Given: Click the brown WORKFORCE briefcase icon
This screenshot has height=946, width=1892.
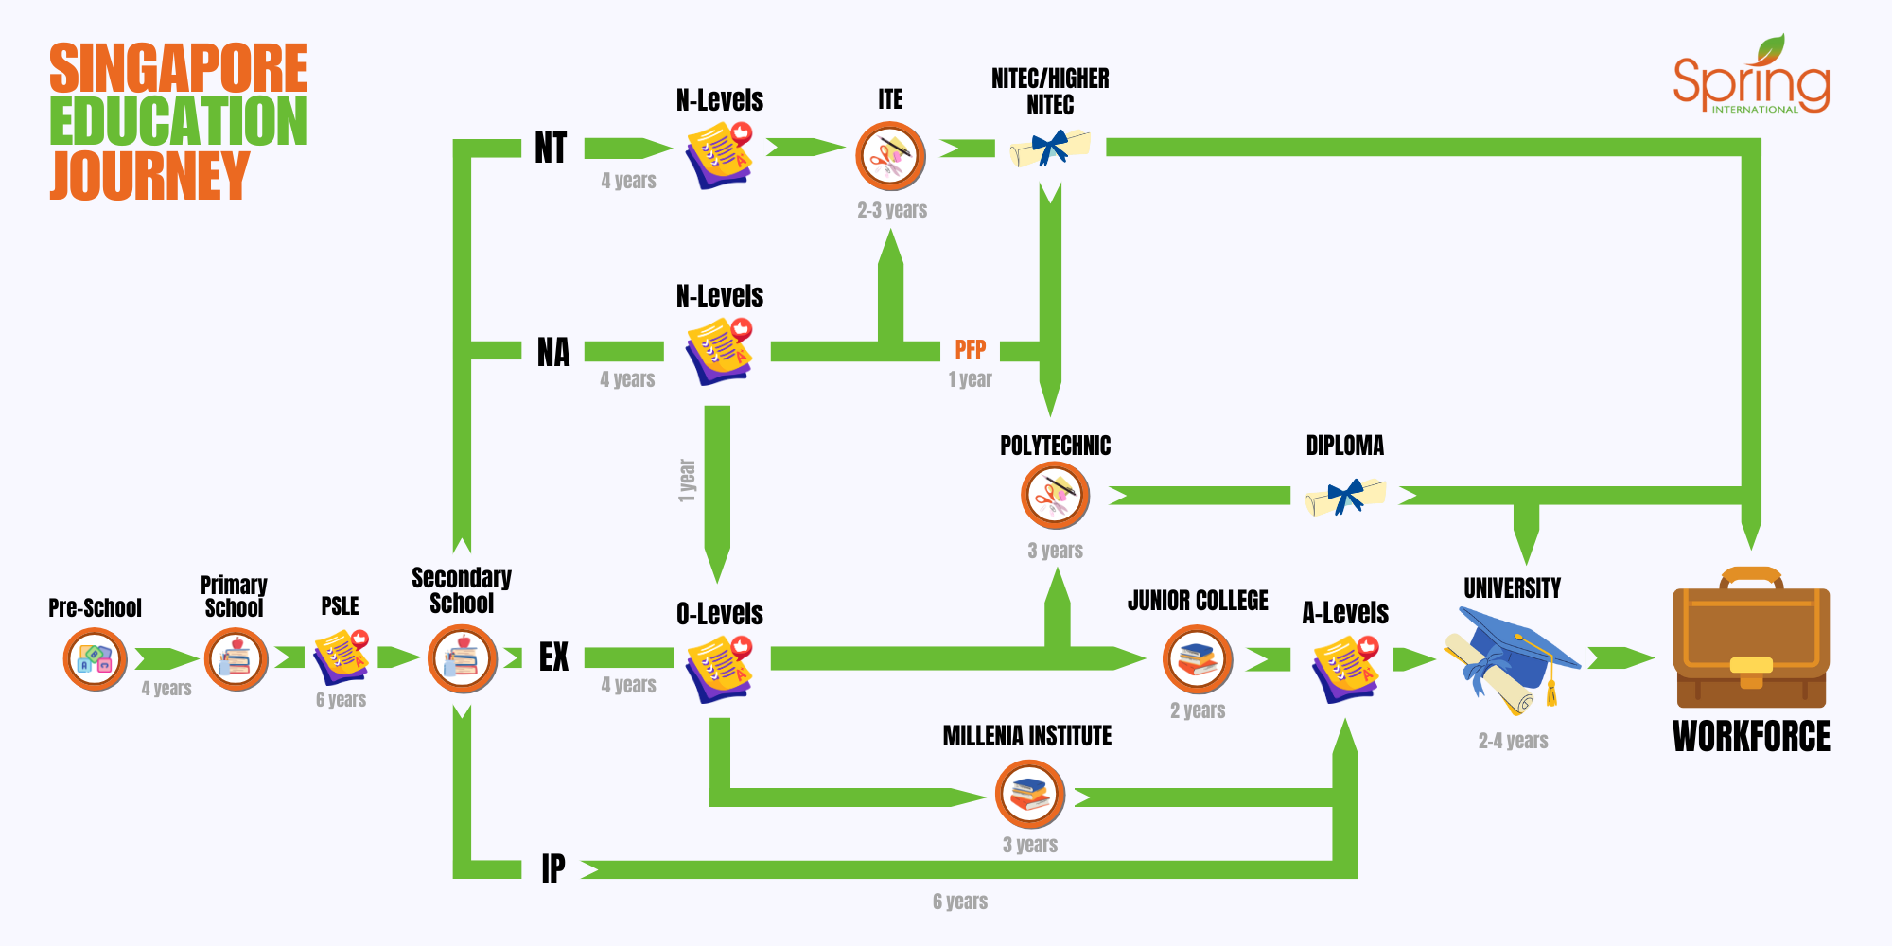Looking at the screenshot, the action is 1751,638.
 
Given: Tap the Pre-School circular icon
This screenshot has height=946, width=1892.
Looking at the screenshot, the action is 96,659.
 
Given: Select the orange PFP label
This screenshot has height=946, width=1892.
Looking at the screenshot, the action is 971,350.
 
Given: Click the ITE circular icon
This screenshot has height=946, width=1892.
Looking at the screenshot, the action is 890,156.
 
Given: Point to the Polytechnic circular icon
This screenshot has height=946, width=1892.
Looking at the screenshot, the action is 1056,495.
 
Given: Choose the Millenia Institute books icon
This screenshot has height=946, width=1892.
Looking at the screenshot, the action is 1030,795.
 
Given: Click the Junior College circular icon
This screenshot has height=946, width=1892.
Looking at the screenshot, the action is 1198,659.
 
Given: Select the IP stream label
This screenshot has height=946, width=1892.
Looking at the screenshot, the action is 553,868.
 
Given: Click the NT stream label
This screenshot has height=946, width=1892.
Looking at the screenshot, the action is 551,148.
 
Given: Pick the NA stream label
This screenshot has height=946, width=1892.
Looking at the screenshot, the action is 553,352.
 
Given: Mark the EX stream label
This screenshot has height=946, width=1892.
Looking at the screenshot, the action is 554,657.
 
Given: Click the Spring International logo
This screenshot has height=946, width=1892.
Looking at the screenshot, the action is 1752,76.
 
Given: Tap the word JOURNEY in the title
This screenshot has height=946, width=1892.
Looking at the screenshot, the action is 149,175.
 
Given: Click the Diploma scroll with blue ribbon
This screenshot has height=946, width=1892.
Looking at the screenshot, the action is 1345,496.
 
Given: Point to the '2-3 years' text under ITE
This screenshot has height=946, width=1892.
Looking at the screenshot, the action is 892,210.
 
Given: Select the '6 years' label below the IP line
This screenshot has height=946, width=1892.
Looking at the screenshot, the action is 960,902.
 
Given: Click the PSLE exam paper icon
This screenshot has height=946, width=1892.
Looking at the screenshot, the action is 342,657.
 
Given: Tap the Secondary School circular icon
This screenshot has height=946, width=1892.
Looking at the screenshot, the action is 463,659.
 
